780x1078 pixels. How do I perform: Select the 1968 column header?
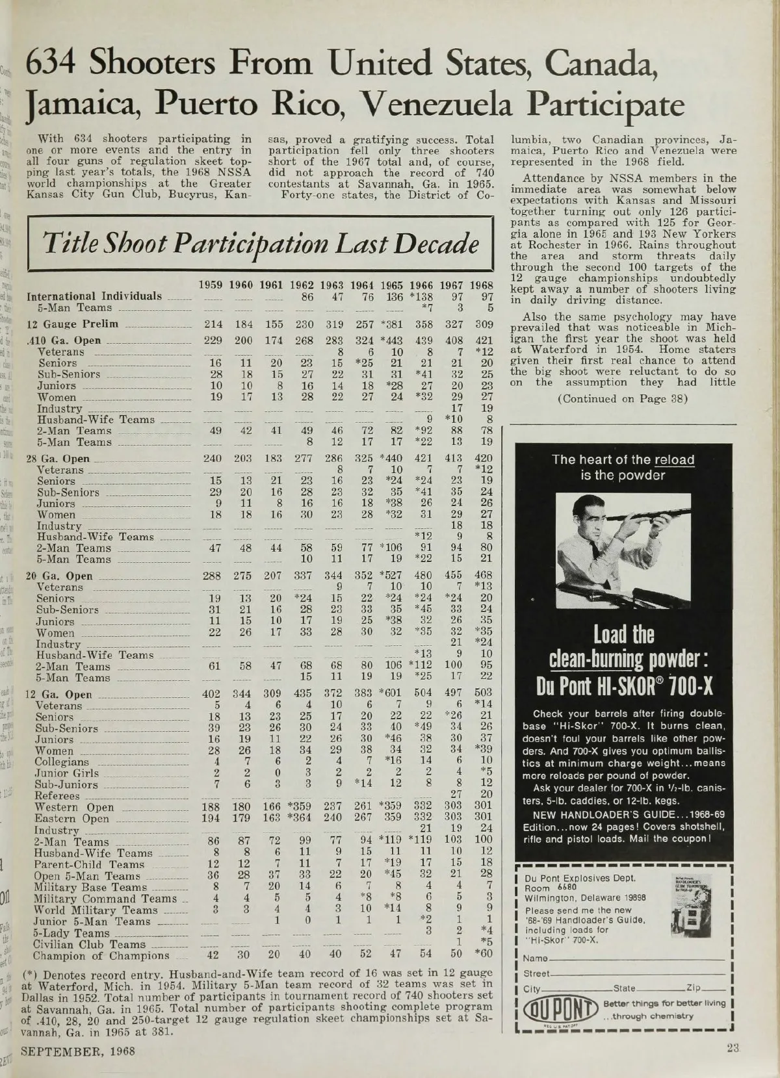(482, 285)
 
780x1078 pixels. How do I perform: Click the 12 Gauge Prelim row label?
(71, 324)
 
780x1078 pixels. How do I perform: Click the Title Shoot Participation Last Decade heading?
(259, 244)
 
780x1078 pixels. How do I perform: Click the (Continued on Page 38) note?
(622, 398)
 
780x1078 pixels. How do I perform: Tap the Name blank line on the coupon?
(637, 958)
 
